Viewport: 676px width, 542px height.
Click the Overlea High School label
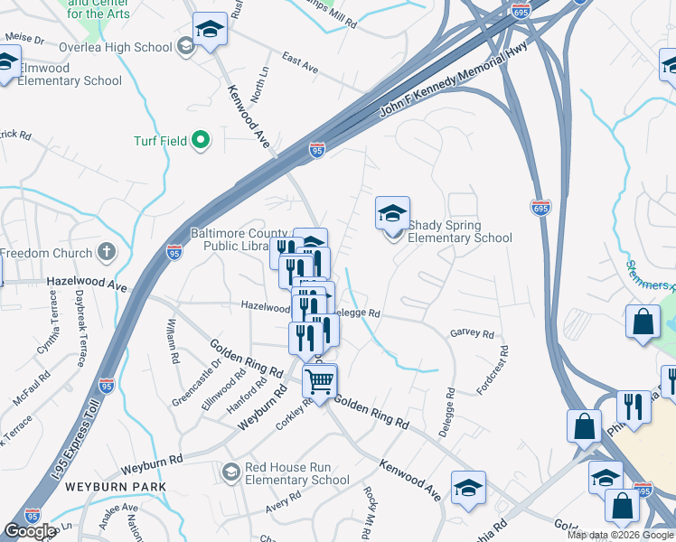click(117, 47)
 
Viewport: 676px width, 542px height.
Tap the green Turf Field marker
click(201, 140)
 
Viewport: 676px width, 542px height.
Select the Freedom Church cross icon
click(106, 252)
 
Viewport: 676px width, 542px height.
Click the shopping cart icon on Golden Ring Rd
click(319, 381)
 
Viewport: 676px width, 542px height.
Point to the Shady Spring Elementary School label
click(459, 231)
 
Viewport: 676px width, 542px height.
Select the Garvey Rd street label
click(472, 333)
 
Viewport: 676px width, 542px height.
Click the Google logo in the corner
click(29, 531)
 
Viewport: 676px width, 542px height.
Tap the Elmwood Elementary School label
click(63, 74)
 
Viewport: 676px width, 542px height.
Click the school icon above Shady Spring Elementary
click(392, 214)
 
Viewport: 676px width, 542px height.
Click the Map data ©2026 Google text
click(620, 535)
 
